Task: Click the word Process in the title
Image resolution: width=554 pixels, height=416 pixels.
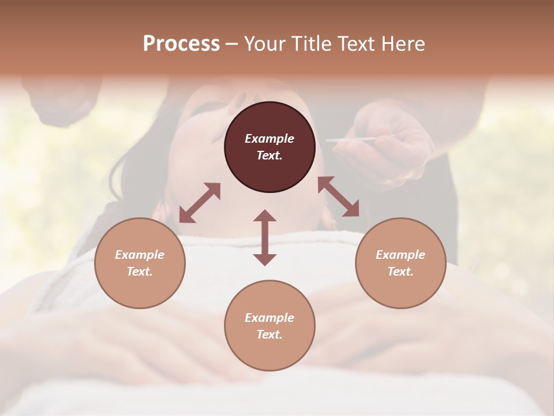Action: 181,44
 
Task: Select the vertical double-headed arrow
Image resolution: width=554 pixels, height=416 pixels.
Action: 265,237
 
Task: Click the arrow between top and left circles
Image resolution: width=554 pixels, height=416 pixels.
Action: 200,203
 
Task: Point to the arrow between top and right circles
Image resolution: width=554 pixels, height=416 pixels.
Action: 338,196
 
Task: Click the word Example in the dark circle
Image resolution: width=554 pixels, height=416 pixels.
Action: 269,139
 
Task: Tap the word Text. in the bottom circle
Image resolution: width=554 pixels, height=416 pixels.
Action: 269,335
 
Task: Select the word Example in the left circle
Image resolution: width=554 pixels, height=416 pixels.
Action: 140,255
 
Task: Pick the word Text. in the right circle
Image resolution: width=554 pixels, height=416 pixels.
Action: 400,272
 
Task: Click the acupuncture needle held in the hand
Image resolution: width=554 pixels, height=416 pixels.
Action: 349,140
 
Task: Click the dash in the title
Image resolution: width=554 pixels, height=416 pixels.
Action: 231,44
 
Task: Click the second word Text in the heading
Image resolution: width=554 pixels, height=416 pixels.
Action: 355,44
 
